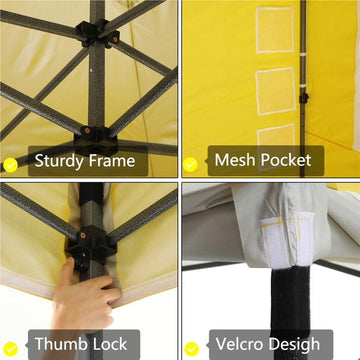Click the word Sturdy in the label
[59, 161]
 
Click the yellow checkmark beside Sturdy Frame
[10, 165]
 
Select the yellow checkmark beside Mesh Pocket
[190, 164]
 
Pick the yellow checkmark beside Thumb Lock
[10, 349]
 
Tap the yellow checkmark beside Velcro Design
[191, 349]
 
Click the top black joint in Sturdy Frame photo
[97, 34]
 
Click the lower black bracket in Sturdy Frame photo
[96, 140]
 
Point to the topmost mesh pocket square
[275, 30]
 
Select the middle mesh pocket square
[276, 92]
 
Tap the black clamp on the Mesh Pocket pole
[303, 98]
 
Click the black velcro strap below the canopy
[291, 303]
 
